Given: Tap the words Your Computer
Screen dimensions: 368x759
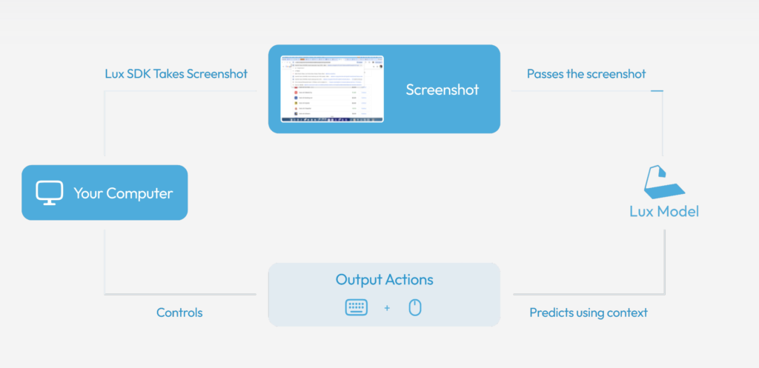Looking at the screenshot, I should pyautogui.click(x=123, y=194).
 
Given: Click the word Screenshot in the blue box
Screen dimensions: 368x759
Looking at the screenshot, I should pyautogui.click(x=443, y=90).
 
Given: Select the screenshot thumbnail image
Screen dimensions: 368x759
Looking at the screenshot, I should pyautogui.click(x=332, y=89).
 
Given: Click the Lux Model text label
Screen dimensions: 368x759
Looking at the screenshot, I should pyautogui.click(x=664, y=212).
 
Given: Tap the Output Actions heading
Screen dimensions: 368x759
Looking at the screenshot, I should pyautogui.click(x=384, y=280).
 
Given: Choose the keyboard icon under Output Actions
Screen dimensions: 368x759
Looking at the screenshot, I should pyautogui.click(x=357, y=307).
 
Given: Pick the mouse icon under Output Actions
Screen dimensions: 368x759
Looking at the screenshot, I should pyautogui.click(x=415, y=307).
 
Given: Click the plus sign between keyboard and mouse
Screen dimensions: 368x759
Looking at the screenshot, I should pyautogui.click(x=387, y=308).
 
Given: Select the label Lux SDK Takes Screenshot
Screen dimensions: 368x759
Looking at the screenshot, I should pyautogui.click(x=176, y=74).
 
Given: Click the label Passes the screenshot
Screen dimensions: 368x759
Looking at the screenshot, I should pyautogui.click(x=586, y=74).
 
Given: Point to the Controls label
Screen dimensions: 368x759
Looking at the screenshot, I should pyautogui.click(x=179, y=312).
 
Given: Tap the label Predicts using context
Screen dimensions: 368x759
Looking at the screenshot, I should pyautogui.click(x=589, y=312).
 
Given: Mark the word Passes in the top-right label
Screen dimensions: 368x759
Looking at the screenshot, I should pyautogui.click(x=544, y=74).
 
